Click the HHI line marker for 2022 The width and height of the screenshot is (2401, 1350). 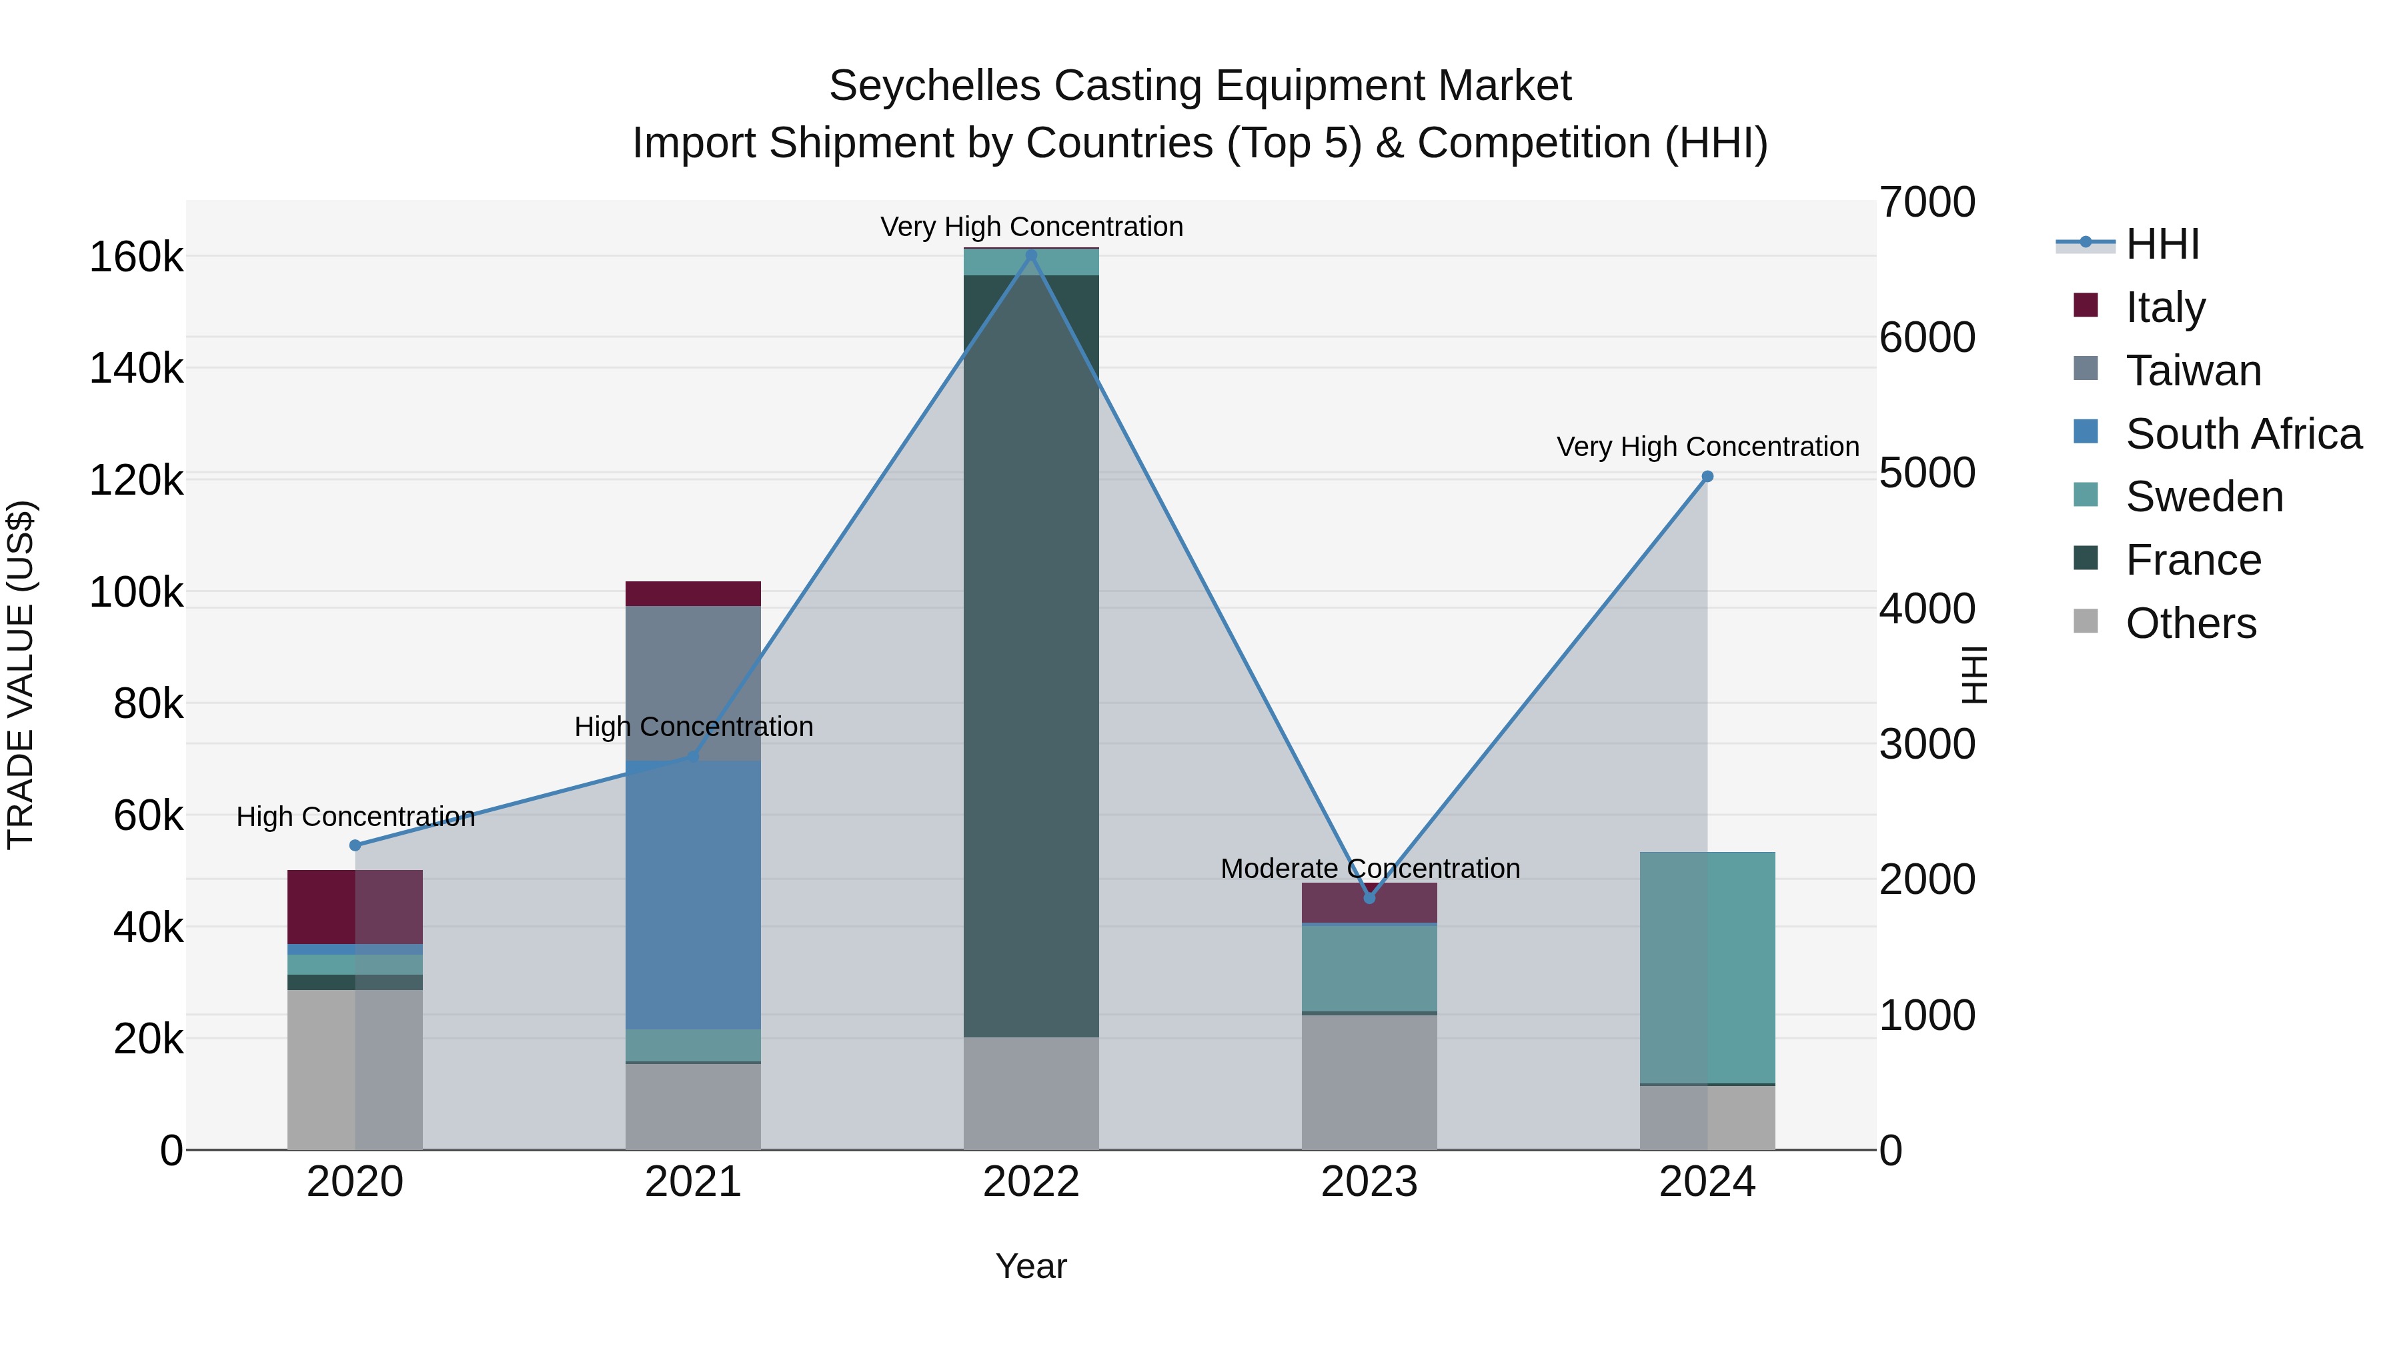1031,255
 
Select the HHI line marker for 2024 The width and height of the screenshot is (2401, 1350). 1707,476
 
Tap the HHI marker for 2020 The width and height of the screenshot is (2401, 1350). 355,845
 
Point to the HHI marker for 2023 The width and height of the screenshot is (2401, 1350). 1369,898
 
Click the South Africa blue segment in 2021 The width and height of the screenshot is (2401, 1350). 692,895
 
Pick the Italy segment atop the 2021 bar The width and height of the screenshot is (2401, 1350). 692,593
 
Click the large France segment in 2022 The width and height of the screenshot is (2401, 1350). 1031,652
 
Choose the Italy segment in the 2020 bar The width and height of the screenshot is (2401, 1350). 355,907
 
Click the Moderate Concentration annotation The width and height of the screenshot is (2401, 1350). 1369,868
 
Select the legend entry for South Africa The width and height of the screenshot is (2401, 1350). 2242,434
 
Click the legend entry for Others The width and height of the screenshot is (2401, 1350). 2190,623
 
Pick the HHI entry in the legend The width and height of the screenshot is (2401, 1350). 2162,244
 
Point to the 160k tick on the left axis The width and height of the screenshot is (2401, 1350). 136,257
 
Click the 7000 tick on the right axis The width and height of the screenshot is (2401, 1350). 1925,202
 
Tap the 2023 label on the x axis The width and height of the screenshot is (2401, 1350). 1369,1182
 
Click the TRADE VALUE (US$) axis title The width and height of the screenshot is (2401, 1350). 21,675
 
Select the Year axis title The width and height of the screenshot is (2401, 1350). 1031,1266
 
